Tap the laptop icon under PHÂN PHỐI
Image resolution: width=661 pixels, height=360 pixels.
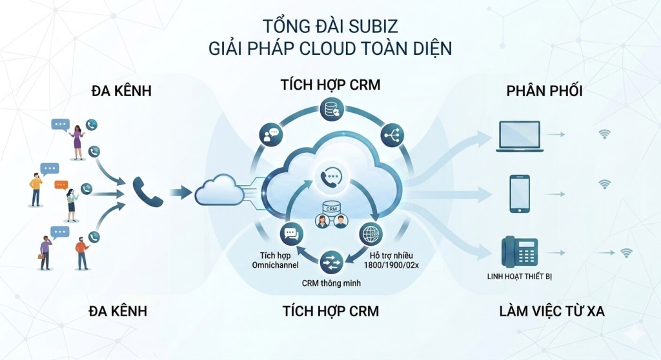(x=520, y=136)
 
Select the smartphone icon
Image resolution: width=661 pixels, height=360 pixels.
(x=520, y=194)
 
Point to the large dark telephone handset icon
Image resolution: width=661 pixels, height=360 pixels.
(x=148, y=192)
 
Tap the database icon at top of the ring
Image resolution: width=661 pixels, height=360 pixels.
(x=331, y=109)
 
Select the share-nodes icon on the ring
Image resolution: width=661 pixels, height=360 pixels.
(x=392, y=135)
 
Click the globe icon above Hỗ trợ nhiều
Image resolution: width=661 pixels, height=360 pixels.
(x=371, y=234)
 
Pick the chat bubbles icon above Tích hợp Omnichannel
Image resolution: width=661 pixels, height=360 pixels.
(x=291, y=234)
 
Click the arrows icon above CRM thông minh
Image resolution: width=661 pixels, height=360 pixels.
(x=331, y=262)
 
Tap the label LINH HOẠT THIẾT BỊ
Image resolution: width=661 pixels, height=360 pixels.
(x=520, y=277)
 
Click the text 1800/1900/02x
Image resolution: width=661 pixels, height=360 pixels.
(x=391, y=265)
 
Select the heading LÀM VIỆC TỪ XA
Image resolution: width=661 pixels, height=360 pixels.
(x=552, y=311)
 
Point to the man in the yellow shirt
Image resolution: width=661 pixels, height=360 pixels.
(x=36, y=190)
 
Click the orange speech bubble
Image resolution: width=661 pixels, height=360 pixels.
(x=61, y=185)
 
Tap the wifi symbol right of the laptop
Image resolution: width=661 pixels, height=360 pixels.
(x=604, y=134)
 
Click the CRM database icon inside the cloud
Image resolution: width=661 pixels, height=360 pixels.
(x=332, y=208)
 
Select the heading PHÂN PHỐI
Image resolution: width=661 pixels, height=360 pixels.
(x=544, y=90)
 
